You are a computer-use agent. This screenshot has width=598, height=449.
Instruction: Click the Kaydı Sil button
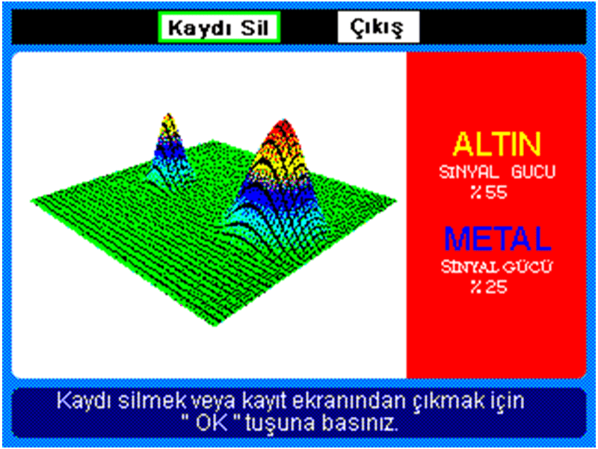click(x=219, y=27)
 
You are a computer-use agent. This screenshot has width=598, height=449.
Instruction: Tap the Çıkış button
click(x=378, y=27)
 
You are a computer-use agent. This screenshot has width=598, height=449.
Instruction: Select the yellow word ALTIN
click(x=496, y=144)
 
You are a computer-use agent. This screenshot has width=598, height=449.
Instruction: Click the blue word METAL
click(x=497, y=238)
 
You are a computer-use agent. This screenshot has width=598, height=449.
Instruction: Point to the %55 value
click(x=489, y=193)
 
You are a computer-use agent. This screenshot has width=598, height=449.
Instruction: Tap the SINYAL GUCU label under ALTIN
click(x=497, y=172)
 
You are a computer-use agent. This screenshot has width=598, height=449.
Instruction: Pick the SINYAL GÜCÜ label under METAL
click(x=496, y=266)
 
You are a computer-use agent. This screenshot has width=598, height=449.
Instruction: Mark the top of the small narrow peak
click(x=168, y=114)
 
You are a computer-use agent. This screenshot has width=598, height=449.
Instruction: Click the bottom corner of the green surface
click(x=215, y=326)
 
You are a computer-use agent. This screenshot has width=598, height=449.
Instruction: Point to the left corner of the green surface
click(x=32, y=200)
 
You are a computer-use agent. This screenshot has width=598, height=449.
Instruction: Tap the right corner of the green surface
click(x=395, y=201)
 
